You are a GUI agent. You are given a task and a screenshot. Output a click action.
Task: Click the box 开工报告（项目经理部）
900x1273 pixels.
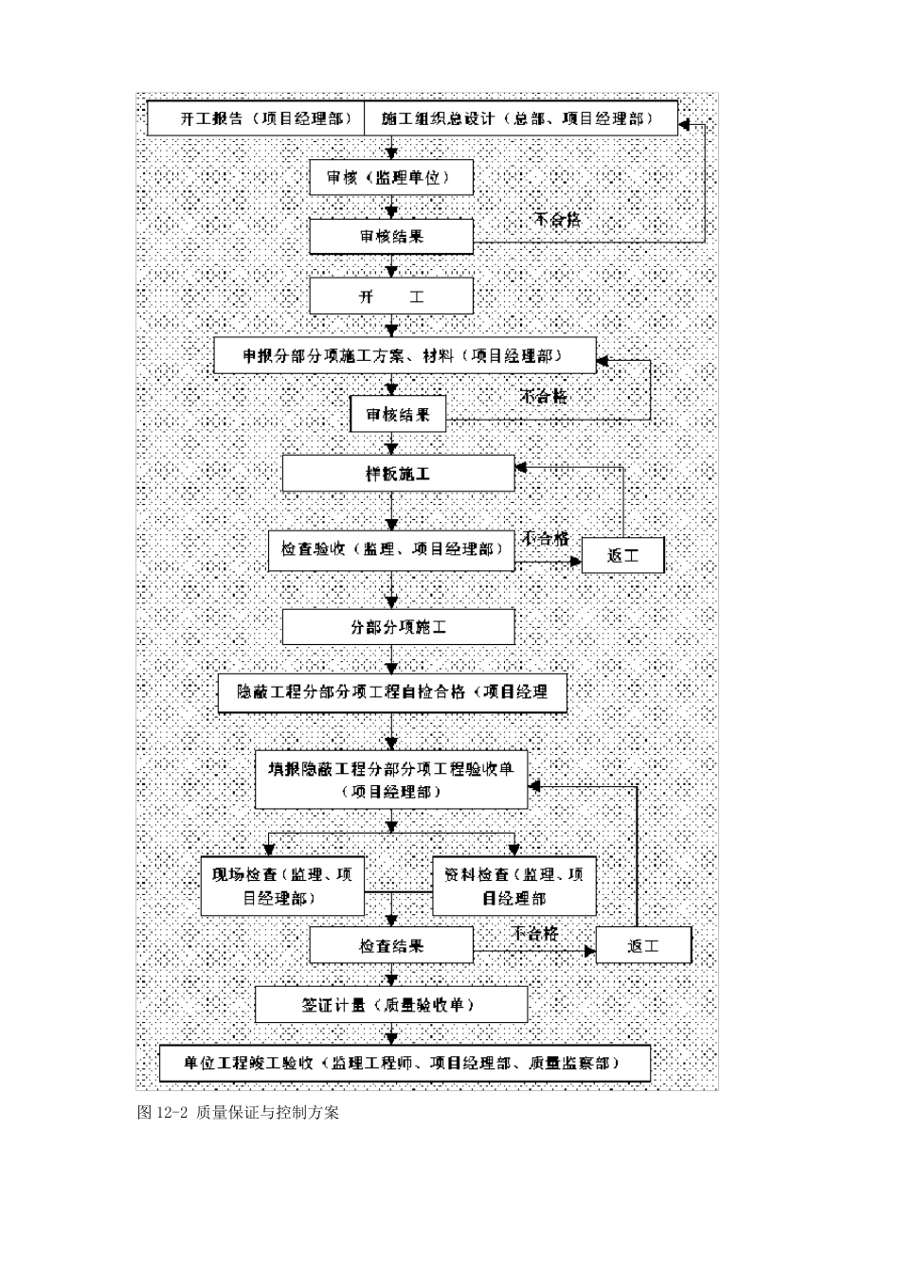click(x=256, y=118)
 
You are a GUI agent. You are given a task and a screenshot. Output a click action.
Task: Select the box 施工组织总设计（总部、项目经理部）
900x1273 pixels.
click(x=520, y=118)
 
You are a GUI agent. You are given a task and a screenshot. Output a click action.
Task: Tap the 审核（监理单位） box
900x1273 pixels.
click(x=391, y=177)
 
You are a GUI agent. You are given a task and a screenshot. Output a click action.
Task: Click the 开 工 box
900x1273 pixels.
click(x=391, y=296)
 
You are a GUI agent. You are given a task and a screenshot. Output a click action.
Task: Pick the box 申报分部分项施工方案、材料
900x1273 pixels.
click(x=405, y=356)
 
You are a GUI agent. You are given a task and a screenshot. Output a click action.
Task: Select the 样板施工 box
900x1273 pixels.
click(x=398, y=474)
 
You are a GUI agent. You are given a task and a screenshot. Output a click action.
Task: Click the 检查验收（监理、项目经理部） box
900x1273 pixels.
click(x=391, y=549)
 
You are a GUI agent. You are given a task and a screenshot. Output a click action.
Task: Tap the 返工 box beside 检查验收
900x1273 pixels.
click(x=622, y=556)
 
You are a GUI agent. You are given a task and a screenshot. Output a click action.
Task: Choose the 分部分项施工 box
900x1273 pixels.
click(x=398, y=627)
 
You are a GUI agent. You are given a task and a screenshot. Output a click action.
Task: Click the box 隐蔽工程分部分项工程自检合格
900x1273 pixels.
click(x=392, y=692)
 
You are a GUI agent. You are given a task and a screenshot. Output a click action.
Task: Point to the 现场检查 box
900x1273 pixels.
click(x=282, y=887)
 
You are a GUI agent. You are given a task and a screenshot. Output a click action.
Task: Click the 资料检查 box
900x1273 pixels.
click(x=514, y=887)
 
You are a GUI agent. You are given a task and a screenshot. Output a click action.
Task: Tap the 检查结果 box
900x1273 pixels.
click(x=391, y=945)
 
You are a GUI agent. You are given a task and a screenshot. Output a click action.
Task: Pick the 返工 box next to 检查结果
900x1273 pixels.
click(x=643, y=945)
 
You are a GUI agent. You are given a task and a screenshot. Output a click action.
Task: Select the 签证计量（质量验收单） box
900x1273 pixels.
click(x=391, y=1005)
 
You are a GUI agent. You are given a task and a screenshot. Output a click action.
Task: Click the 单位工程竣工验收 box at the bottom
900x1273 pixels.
click(x=405, y=1064)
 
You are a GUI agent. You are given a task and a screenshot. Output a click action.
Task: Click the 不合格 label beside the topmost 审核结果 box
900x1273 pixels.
click(x=557, y=220)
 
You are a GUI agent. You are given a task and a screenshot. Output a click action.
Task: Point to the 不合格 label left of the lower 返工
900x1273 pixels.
click(x=535, y=933)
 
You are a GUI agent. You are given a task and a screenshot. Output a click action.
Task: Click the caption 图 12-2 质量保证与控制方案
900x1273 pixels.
click(x=238, y=1112)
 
